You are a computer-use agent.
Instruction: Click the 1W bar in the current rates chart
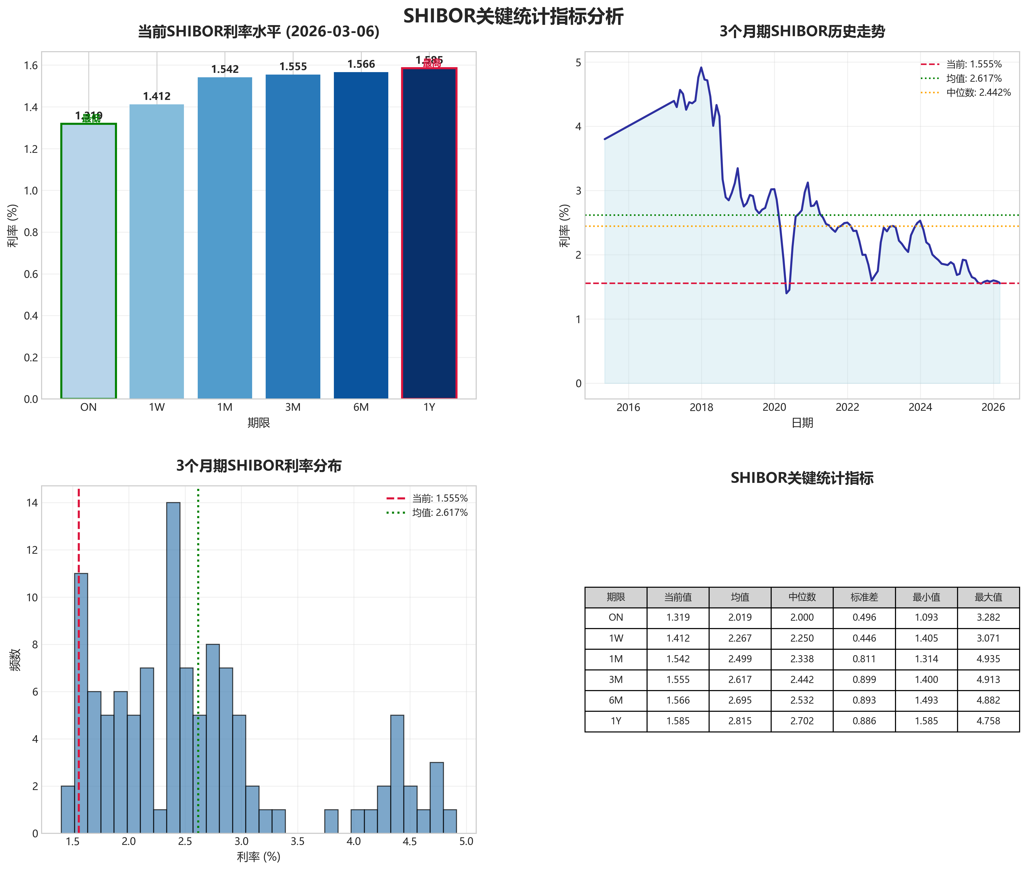pos(157,252)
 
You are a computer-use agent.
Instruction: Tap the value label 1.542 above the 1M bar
pos(225,69)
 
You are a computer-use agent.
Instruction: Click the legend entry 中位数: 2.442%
pos(978,92)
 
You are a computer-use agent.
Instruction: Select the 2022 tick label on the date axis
pos(847,407)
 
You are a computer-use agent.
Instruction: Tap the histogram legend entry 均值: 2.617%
pos(440,512)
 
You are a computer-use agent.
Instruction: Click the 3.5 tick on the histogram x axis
pos(297,841)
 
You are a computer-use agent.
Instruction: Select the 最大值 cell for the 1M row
pos(988,659)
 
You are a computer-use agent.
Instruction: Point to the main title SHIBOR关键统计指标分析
pos(513,16)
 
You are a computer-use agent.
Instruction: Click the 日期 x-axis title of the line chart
pos(802,423)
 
